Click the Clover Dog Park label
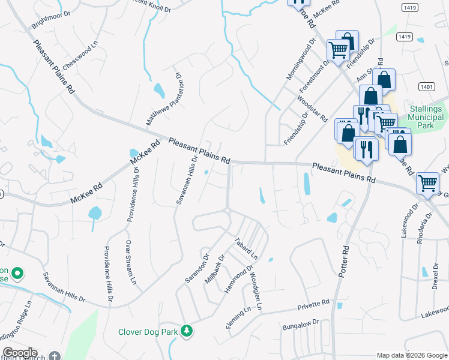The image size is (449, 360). (149, 331)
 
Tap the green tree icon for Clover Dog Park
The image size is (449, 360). (187, 331)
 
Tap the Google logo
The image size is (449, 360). (19, 353)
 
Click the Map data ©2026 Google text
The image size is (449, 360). (412, 355)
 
